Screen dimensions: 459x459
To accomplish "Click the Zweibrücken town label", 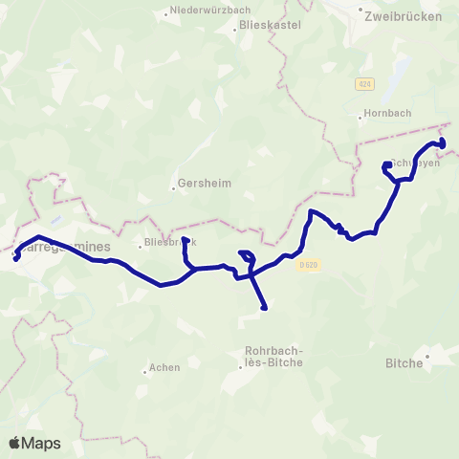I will (404, 16).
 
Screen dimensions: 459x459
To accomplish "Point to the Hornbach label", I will (390, 112).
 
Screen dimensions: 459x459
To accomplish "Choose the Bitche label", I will (404, 362).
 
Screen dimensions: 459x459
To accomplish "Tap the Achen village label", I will (164, 367).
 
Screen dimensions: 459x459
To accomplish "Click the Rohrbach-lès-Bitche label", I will (273, 356).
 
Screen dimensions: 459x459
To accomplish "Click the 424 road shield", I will (363, 84).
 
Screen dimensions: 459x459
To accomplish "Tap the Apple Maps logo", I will (33, 443).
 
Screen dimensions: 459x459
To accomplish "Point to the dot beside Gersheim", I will (174, 187).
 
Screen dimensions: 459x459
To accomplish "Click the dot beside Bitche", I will (427, 356).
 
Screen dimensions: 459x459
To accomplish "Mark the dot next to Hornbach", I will (361, 119).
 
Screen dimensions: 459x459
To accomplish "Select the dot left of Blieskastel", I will (234, 30).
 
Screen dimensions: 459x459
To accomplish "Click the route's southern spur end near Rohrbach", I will (263, 308).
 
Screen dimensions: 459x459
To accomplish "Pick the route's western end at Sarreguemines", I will (15, 258).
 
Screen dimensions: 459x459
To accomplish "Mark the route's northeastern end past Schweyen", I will (443, 145).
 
